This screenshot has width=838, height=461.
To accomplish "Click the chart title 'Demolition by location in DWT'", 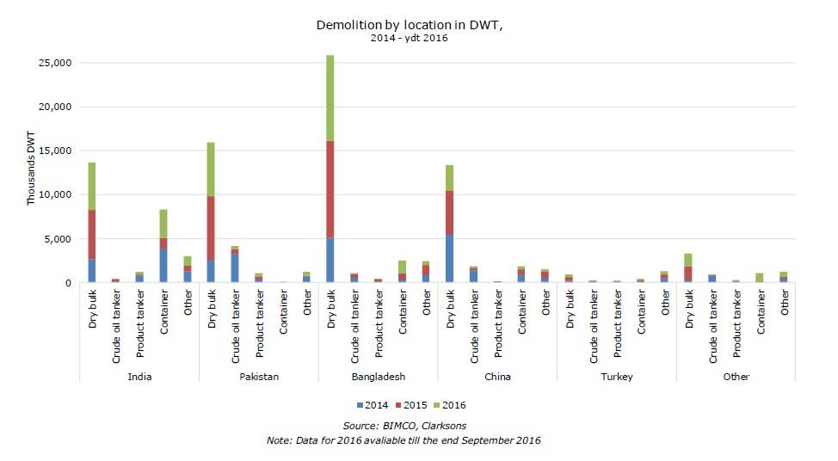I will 409,25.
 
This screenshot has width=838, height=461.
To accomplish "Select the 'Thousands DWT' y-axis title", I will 32,173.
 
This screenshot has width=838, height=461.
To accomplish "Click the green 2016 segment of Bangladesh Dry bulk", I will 330,98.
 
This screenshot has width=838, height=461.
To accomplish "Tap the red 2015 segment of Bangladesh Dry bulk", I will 330,189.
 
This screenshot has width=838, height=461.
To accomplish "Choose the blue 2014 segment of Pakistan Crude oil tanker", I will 235,267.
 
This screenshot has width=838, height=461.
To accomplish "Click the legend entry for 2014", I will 372,404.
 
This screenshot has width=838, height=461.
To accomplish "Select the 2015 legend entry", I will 412,404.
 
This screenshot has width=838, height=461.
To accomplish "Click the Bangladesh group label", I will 378,377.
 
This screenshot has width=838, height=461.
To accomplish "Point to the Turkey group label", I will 616,377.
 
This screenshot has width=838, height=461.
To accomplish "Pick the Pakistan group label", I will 258,377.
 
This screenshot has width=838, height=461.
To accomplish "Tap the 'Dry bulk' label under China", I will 450,315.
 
